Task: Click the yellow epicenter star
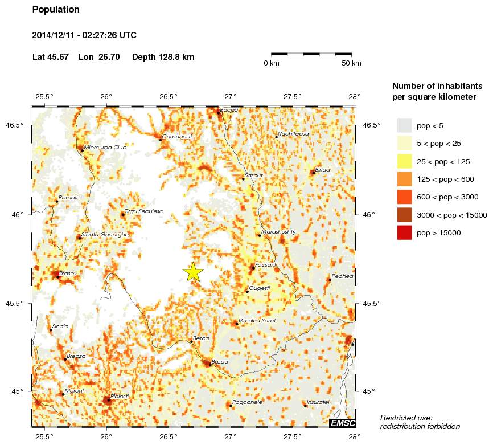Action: click(194, 272)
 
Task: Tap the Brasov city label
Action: click(68, 273)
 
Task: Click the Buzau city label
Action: click(219, 362)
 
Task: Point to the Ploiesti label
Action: click(120, 396)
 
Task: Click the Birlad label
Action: click(322, 169)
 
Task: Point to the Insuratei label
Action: click(318, 402)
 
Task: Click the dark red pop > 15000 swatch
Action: click(404, 232)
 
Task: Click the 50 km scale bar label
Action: click(351, 63)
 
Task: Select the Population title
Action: click(56, 10)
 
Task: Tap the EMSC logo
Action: click(342, 422)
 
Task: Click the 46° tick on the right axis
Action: click(369, 214)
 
